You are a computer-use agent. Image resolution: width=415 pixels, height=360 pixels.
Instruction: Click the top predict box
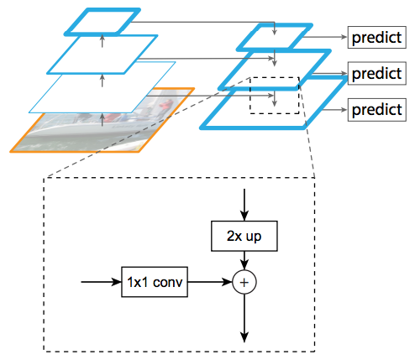pyautogui.click(x=377, y=38)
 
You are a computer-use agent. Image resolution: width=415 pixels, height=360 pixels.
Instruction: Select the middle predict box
pyautogui.click(x=377, y=73)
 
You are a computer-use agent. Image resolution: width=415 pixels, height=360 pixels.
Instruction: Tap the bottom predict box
pyautogui.click(x=377, y=110)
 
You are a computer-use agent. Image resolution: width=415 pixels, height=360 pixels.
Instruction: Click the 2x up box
pyautogui.click(x=244, y=236)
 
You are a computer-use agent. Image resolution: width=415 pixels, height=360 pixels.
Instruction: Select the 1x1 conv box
pyautogui.click(x=155, y=282)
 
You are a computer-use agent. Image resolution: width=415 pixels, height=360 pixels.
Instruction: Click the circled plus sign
pyautogui.click(x=244, y=282)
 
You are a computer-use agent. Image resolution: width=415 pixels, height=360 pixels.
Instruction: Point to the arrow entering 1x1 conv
pyautogui.click(x=101, y=282)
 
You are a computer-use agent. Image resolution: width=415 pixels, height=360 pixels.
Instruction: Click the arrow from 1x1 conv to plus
pyautogui.click(x=210, y=282)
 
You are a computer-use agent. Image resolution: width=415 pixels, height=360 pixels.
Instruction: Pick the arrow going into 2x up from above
pyautogui.click(x=244, y=205)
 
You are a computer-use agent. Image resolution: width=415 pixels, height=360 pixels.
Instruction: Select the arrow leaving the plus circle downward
pyautogui.click(x=244, y=318)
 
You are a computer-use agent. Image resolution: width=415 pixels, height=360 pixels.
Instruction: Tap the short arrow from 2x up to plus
pyautogui.click(x=244, y=260)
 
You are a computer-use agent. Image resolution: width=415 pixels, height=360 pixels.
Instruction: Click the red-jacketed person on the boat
pyautogui.click(x=165, y=106)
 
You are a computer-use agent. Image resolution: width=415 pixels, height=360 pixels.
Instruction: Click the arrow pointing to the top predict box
pyautogui.click(x=325, y=37)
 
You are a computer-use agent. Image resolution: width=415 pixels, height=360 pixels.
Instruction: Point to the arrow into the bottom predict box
pyautogui.click(x=334, y=110)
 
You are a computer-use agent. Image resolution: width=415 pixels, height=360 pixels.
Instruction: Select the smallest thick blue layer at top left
pyautogui.click(x=102, y=22)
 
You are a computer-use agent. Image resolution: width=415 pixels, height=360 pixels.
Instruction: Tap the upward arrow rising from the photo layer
pyautogui.click(x=102, y=119)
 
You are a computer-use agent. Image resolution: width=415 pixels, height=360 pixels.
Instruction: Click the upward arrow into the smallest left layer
pyautogui.click(x=102, y=41)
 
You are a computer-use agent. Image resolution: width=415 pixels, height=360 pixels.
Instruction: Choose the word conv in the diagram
pyautogui.click(x=168, y=282)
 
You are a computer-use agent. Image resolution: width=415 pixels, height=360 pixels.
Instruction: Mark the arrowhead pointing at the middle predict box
pyautogui.click(x=344, y=74)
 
